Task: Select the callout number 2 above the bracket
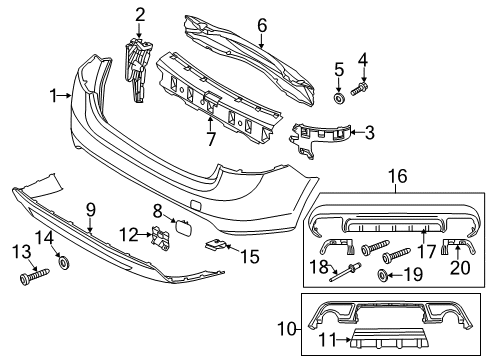[140, 13]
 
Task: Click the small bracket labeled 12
[160, 238]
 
